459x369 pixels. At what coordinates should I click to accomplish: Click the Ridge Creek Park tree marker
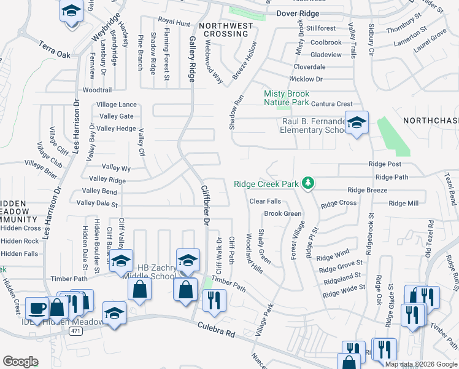pyautogui.click(x=311, y=184)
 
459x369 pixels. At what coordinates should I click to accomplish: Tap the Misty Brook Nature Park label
pyautogui.click(x=286, y=98)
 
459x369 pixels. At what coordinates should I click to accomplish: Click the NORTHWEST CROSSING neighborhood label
pyautogui.click(x=225, y=30)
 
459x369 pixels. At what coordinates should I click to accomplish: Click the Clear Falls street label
pyautogui.click(x=265, y=201)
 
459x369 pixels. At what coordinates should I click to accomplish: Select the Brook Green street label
pyautogui.click(x=283, y=213)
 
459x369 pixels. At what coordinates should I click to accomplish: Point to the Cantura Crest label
pyautogui.click(x=332, y=104)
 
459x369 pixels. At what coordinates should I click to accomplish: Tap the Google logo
pyautogui.click(x=21, y=362)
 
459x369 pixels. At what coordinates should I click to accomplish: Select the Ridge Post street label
pyautogui.click(x=385, y=164)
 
